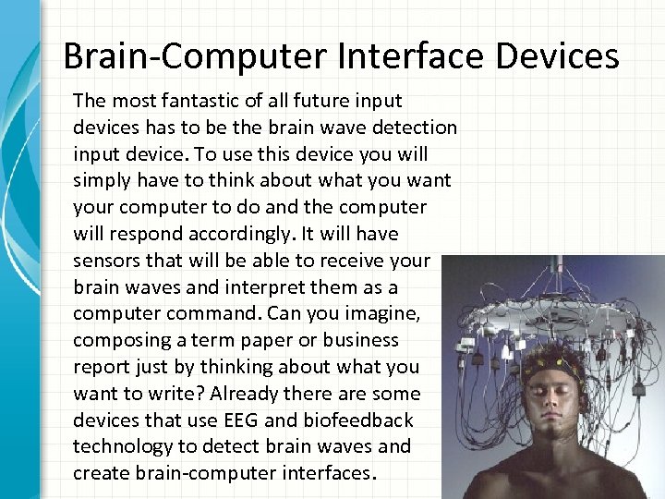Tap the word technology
(118, 446)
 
